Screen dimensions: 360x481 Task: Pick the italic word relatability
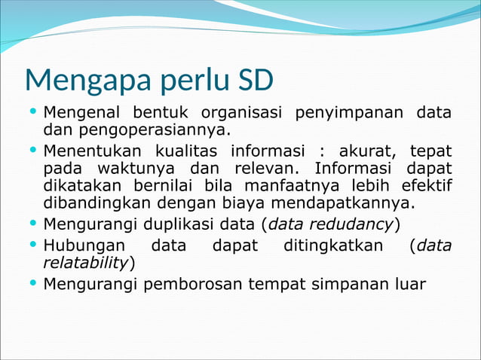[x=86, y=262]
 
